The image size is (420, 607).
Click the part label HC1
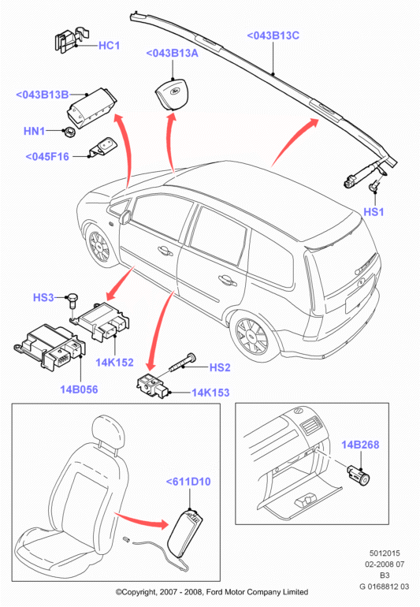[110, 45]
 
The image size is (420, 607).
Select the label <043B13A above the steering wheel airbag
[172, 53]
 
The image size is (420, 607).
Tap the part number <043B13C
[273, 35]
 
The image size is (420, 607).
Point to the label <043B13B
[43, 95]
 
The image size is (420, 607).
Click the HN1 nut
[69, 132]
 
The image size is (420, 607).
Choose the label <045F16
[47, 156]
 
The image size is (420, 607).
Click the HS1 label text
[374, 212]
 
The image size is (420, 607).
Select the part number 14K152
[114, 363]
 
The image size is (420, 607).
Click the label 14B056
[79, 389]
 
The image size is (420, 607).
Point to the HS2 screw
[182, 363]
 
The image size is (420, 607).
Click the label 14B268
[360, 445]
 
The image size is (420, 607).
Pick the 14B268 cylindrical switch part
[359, 475]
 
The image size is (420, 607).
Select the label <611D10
[188, 482]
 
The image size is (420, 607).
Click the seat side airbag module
[187, 533]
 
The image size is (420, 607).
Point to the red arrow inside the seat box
[141, 520]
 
